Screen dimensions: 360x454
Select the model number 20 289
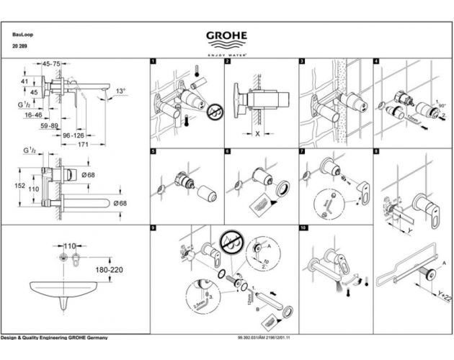(x=19, y=46)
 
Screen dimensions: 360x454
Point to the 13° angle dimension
(x=120, y=91)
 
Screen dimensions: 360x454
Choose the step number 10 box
(x=303, y=228)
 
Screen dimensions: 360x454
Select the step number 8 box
(x=377, y=151)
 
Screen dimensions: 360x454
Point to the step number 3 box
(x=303, y=63)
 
